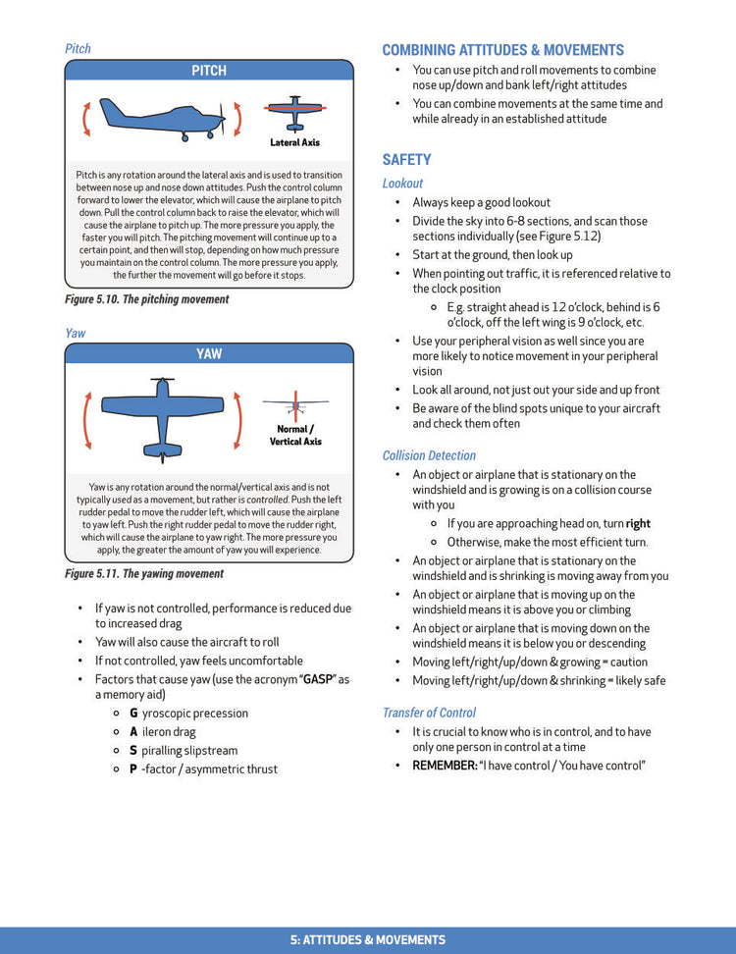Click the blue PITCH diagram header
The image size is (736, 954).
pos(209,71)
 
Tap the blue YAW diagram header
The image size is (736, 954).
pos(209,353)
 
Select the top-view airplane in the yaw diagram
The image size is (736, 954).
pos(162,413)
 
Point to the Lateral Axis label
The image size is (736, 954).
pos(294,143)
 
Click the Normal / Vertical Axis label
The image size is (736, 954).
pos(295,435)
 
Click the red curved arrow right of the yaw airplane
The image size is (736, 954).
pos(237,414)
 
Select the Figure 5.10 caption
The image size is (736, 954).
pos(146,299)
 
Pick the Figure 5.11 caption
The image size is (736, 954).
pos(144,573)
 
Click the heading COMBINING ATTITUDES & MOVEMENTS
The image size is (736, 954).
pos(502,50)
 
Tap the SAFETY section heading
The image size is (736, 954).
pos(406,159)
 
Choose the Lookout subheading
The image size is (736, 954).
pos(402,183)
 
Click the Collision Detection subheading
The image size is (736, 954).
pos(429,455)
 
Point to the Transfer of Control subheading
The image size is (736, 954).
pos(429,713)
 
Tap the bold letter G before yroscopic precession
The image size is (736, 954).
pos(133,714)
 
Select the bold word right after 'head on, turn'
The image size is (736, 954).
pos(638,523)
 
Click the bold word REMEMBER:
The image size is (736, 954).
pos(444,765)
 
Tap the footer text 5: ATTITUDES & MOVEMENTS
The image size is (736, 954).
pos(368,940)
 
